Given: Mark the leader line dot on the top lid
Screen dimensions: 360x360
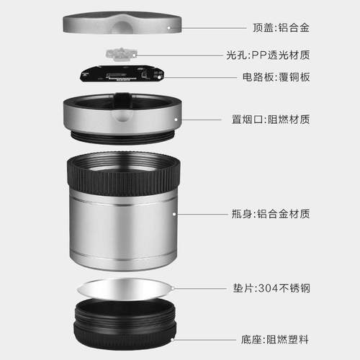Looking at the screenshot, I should (171, 27).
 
